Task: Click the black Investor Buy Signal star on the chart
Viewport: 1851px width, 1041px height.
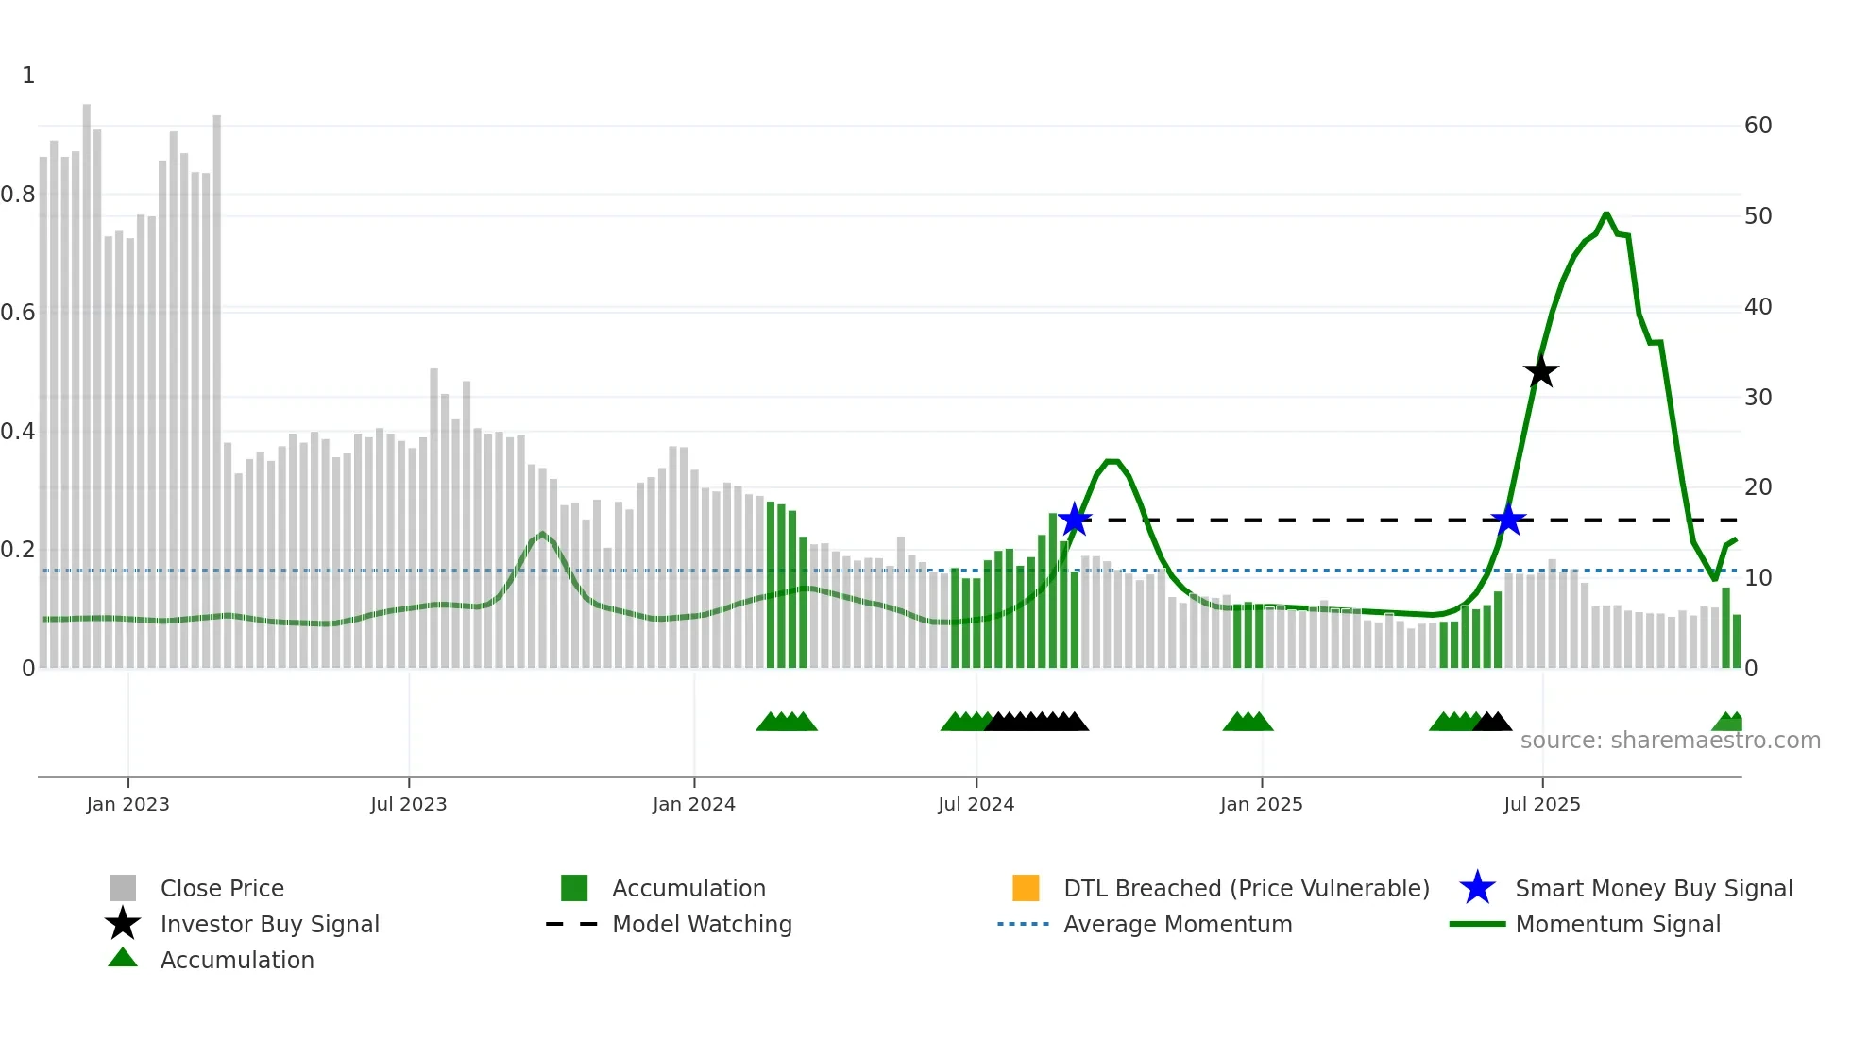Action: [x=1540, y=371]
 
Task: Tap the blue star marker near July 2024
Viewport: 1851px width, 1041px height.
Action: [x=1075, y=520]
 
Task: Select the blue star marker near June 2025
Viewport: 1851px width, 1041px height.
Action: [x=1508, y=520]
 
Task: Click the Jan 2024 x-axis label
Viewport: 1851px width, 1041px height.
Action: [x=693, y=804]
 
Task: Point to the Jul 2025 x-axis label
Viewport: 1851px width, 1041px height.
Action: [x=1541, y=804]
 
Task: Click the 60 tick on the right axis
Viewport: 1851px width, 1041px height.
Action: [x=1758, y=126]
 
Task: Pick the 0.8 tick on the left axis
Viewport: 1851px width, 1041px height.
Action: [x=18, y=195]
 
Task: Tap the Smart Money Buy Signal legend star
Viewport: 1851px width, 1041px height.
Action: [x=1477, y=888]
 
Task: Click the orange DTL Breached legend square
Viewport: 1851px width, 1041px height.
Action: [x=1026, y=888]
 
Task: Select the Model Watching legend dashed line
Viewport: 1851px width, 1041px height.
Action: [x=571, y=924]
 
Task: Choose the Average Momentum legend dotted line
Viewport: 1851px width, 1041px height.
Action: [x=1023, y=924]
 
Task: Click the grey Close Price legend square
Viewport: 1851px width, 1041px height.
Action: [x=123, y=888]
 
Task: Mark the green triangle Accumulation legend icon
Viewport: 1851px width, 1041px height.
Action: [x=123, y=959]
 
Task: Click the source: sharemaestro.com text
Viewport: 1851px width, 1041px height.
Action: [x=1670, y=741]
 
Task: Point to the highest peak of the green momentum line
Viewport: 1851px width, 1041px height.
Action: [x=1605, y=214]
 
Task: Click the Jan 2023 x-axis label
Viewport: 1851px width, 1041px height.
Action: [x=127, y=804]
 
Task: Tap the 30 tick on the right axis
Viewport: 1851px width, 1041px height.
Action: [x=1758, y=397]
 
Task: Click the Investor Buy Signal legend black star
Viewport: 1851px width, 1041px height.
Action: [x=123, y=924]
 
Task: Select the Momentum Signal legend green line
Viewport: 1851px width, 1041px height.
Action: [x=1477, y=924]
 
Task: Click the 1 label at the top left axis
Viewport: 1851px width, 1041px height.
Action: [x=28, y=76]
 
